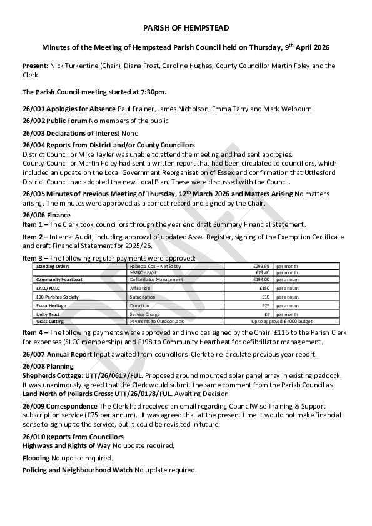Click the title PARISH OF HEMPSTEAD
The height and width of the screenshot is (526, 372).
[x=186, y=29]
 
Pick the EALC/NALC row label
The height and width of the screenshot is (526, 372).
[x=48, y=289]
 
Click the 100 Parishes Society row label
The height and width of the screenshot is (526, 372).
[x=58, y=297]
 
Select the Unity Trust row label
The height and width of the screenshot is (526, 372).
[x=48, y=314]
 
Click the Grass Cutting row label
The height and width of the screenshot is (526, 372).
[x=50, y=321]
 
